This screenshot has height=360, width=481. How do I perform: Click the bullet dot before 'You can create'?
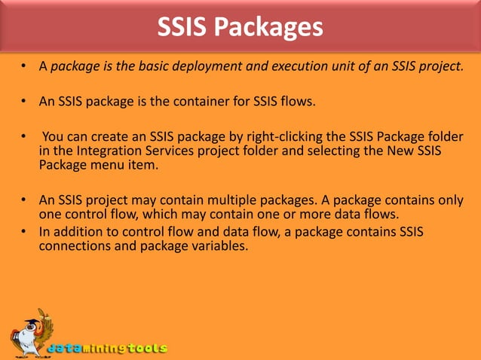[x=24, y=136]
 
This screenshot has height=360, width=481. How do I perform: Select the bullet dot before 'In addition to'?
[x=24, y=230]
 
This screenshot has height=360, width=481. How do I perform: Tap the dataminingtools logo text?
[x=107, y=349]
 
